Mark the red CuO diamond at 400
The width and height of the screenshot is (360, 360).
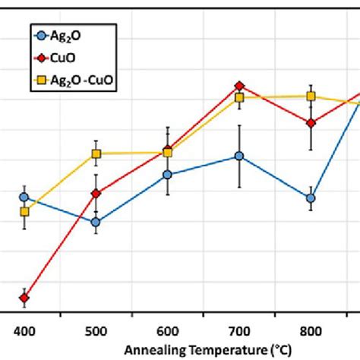coord(24,298)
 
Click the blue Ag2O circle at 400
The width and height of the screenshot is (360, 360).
coord(24,197)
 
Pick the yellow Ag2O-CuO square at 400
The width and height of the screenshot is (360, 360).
coord(24,212)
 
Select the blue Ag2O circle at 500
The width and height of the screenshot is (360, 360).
coord(96,223)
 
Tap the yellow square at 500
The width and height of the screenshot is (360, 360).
coord(96,154)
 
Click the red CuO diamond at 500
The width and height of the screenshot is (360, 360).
coord(96,194)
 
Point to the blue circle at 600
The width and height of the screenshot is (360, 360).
coord(167,175)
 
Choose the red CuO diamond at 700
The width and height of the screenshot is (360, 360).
coord(239,86)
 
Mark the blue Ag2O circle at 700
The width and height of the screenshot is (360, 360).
coord(239,156)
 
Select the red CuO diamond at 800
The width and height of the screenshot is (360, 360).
coord(311,123)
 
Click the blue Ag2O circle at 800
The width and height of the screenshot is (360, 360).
coord(311,198)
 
